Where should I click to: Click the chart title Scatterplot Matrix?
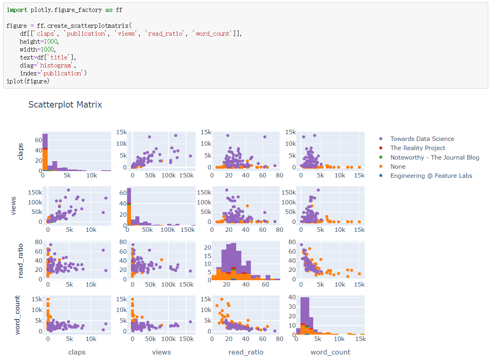coord(65,105)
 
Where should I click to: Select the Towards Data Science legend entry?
coord(422,139)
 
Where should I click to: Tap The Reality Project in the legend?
coord(418,148)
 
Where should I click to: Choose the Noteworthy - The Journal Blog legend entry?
coord(435,158)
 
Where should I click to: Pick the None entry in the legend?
coord(398,167)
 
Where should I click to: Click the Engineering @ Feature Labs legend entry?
coord(431,176)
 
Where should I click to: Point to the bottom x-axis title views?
coord(161,352)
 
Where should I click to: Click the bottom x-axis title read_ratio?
coord(246,352)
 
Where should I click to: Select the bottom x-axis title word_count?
coord(330,352)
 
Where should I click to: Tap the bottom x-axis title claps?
coord(77,352)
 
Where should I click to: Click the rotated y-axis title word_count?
coord(17,315)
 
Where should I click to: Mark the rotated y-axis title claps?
coord(21,152)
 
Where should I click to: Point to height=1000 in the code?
coord(39,42)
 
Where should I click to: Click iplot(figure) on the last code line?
coord(28,81)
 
